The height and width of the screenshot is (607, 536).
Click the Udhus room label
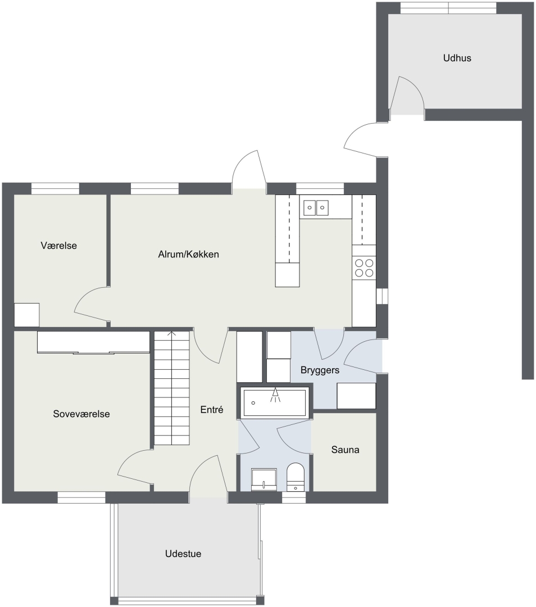(457, 58)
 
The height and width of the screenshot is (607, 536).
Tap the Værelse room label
(59, 246)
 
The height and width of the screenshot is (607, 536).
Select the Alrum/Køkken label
(188, 255)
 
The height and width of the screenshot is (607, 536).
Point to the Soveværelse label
(81, 414)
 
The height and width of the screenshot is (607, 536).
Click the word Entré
(212, 410)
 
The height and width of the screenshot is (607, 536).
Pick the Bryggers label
(320, 370)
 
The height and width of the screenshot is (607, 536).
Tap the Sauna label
(345, 450)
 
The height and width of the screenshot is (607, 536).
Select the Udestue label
(183, 554)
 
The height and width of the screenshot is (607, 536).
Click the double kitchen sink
(316, 207)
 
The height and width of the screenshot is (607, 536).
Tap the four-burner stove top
(364, 268)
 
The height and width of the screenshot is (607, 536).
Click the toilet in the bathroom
(296, 477)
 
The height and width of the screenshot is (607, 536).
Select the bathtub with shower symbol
(275, 402)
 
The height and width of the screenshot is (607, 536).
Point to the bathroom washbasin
(264, 480)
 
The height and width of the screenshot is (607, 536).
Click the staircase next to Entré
(172, 388)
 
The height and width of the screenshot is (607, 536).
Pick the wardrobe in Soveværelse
(93, 342)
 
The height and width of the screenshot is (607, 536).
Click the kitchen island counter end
(287, 274)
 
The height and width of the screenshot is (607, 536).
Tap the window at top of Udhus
(448, 8)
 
